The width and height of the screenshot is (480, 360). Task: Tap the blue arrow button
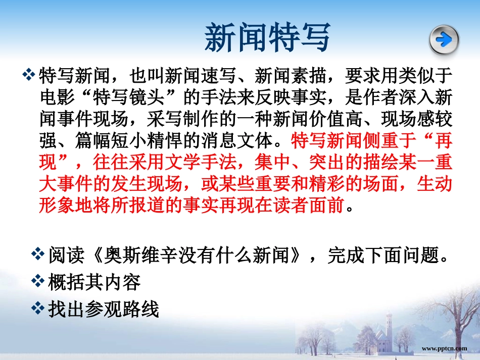coord(444,39)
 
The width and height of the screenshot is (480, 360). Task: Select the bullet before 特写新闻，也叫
coord(30,76)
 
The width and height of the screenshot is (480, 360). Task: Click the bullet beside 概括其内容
coord(39,281)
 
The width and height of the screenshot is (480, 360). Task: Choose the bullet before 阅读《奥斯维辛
coord(39,254)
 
